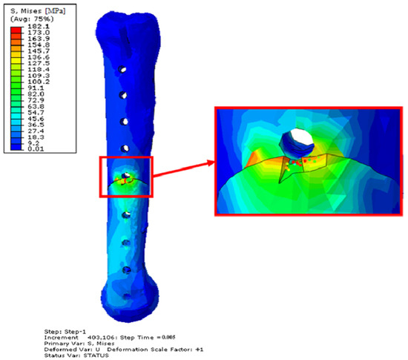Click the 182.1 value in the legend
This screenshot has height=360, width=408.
tap(39, 26)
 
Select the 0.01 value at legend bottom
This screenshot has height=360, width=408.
tap(36, 149)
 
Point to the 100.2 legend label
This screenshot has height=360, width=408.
tap(39, 82)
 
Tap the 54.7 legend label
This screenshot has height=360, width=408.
tap(36, 112)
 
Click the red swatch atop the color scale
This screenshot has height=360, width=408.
tap(16, 30)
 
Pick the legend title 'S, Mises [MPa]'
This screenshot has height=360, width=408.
tap(38, 11)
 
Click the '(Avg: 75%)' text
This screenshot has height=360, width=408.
tap(32, 19)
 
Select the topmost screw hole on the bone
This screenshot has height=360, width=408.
tap(122, 69)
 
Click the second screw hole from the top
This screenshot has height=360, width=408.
tap(123, 95)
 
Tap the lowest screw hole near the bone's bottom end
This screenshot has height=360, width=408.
tap(127, 296)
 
